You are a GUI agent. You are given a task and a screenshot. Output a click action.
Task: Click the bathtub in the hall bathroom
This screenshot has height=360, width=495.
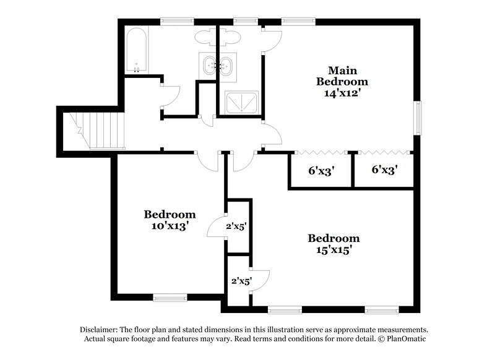[136, 49]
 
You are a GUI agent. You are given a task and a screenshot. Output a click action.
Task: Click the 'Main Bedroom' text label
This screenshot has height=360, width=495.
[342, 75]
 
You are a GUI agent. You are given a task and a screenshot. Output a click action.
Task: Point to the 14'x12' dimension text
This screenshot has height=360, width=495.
[342, 94]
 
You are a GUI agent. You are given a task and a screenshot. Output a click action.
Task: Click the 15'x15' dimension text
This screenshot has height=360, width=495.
[334, 251]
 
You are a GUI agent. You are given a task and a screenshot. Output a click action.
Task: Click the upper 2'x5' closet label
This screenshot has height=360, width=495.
[236, 227]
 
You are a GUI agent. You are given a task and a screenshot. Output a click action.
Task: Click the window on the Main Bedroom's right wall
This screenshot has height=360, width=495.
[418, 118]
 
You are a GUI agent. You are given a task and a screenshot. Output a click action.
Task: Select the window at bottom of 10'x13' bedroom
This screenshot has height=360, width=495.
[170, 298]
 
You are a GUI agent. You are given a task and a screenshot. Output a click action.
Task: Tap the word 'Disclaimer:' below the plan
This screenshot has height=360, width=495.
[101, 330]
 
